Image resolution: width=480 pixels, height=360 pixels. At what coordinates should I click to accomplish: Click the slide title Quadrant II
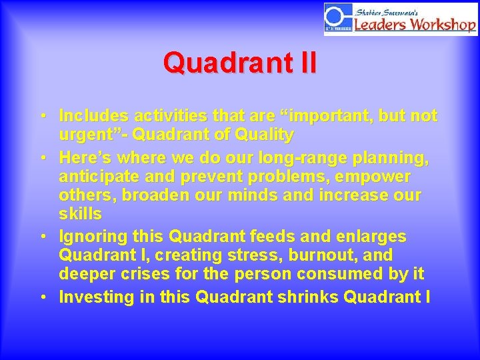click(x=239, y=63)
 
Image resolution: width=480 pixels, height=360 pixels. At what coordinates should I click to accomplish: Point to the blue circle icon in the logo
click(x=336, y=16)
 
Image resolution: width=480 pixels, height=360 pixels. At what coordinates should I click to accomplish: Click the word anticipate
click(x=97, y=177)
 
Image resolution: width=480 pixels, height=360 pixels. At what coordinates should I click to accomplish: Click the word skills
click(x=80, y=214)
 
